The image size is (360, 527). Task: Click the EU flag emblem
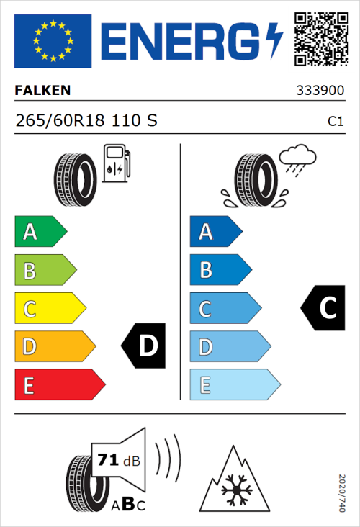pyautogui.click(x=53, y=41)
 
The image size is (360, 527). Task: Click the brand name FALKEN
pyautogui.click(x=42, y=91)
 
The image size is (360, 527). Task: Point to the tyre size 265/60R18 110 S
pyautogui.click(x=86, y=121)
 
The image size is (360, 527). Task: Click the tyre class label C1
pyautogui.click(x=335, y=122)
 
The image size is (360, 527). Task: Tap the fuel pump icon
pyautogui.click(x=116, y=164)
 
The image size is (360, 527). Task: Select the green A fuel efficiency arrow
pyautogui.click(x=40, y=232)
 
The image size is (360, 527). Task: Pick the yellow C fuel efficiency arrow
pyautogui.click(x=49, y=308)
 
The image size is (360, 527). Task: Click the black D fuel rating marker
pyautogui.click(x=144, y=346)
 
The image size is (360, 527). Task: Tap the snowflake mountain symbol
pyautogui.click(x=233, y=481)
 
